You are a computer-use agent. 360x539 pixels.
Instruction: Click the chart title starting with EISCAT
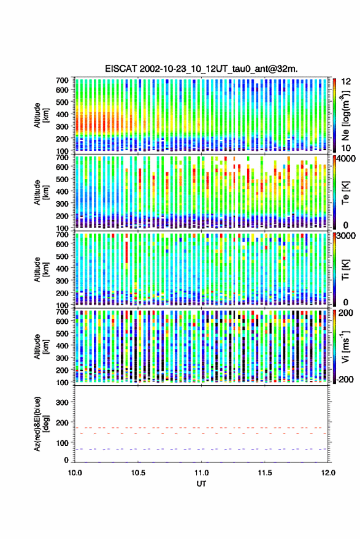[x=201, y=69]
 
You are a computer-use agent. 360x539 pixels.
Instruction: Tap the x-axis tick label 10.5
[x=138, y=473]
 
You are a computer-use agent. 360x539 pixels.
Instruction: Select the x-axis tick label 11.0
[x=202, y=473]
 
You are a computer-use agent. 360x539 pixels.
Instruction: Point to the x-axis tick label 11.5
[x=265, y=473]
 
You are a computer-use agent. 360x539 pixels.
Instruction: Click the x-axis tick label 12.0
[x=328, y=473]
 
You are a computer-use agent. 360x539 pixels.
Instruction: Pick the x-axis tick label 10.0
[x=75, y=473]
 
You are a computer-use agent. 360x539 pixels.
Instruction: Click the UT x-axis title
[x=201, y=484]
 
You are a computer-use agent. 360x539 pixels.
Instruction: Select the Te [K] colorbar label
[x=345, y=193]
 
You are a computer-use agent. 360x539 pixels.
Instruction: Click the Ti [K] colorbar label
[x=345, y=270]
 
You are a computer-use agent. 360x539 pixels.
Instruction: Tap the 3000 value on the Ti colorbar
[x=347, y=236]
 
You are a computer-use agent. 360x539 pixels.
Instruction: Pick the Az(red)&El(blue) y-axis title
[x=40, y=424]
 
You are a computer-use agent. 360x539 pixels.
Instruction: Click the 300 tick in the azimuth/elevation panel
[x=62, y=402]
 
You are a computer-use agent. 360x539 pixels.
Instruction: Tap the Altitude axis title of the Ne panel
[x=41, y=115]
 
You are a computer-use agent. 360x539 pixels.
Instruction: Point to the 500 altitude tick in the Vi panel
[x=62, y=333]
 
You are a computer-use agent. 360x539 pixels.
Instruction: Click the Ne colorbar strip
[x=335, y=115]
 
